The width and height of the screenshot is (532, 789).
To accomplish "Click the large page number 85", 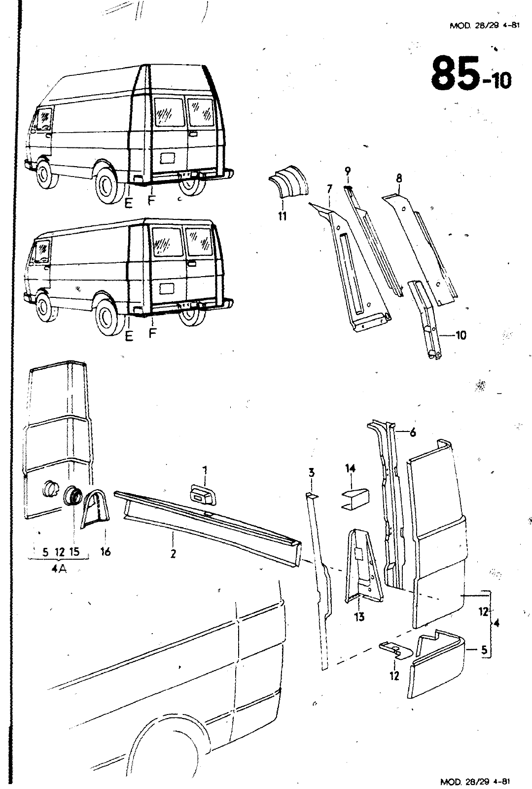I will tap(455, 73).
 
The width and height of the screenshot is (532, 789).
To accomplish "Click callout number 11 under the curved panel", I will tap(282, 215).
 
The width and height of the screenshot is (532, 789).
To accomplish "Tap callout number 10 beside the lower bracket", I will tap(461, 335).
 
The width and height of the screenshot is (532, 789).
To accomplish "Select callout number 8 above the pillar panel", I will tap(399, 179).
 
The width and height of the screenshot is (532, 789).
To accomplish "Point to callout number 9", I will tap(348, 171).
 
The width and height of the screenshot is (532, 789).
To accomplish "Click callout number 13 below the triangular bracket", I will tap(359, 616).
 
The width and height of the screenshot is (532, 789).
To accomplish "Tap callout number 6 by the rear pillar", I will tap(413, 432).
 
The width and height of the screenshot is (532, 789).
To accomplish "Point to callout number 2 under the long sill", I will tap(173, 554).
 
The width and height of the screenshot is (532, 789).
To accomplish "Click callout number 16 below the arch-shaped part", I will tap(105, 552).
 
